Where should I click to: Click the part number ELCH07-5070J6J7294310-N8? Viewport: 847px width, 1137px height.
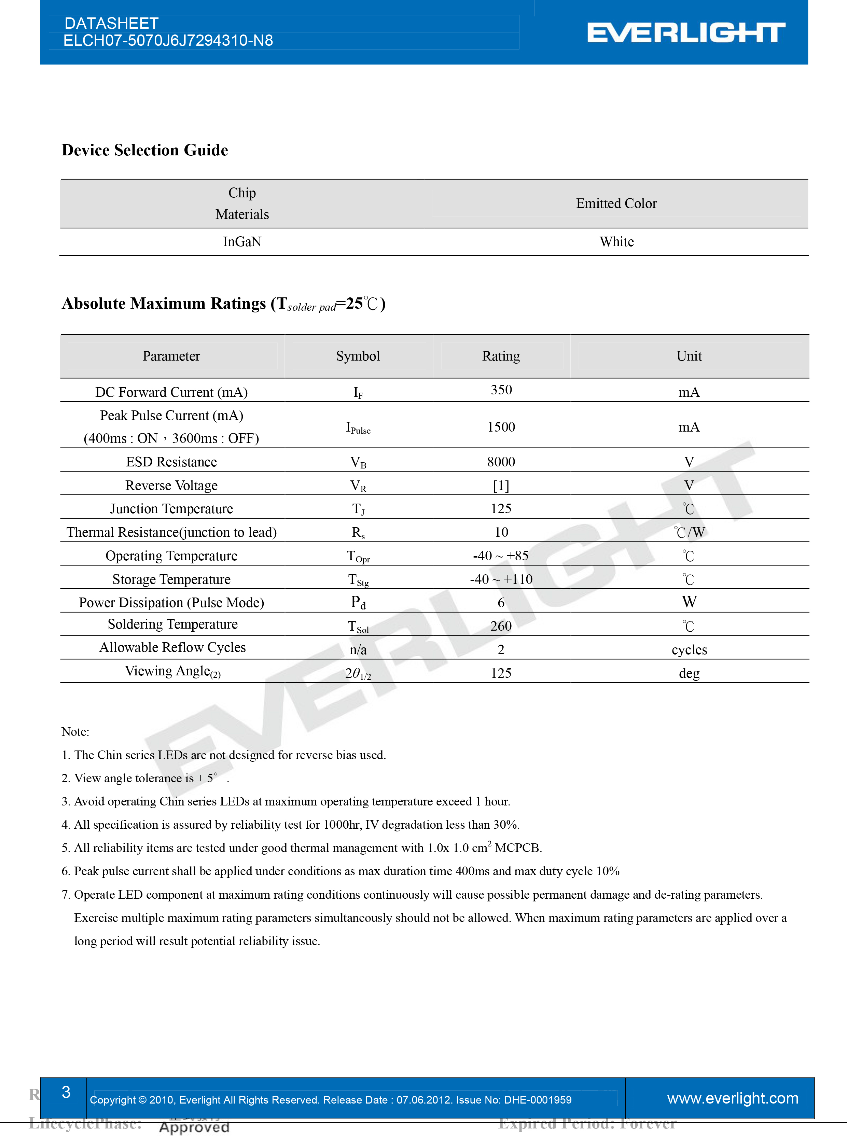point(168,41)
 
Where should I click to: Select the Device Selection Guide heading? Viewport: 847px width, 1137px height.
point(144,150)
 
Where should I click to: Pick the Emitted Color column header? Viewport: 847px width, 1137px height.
point(616,203)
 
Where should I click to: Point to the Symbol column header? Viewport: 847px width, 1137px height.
point(358,356)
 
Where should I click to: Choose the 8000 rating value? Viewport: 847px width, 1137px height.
point(501,462)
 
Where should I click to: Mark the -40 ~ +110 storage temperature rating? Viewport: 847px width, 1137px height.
point(501,579)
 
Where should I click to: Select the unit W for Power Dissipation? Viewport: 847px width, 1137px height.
point(689,602)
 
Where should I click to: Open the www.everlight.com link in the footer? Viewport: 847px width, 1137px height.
point(732,1098)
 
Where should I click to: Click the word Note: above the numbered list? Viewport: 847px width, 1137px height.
point(75,731)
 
